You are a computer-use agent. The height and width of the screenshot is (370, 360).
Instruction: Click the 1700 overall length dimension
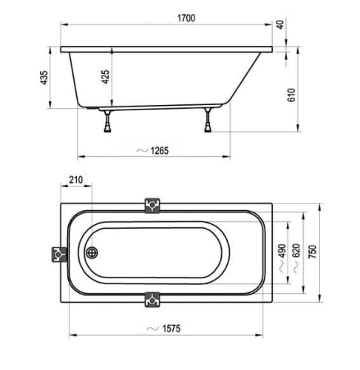pos(186,18)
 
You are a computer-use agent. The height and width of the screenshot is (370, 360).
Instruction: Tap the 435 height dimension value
pos(44,78)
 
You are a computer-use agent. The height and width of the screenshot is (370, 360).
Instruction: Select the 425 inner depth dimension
pos(106,77)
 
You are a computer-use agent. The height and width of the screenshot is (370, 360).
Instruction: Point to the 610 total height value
pos(291,95)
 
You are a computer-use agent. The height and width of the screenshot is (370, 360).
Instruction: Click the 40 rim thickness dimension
pos(281,24)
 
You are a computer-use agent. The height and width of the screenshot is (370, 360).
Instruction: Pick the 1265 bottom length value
pos(160,151)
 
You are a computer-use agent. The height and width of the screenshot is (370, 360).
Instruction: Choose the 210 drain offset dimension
pos(76,180)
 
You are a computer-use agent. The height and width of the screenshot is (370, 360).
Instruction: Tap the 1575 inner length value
pos(171,329)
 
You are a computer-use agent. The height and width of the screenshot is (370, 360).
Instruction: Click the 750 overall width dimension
pos(313,252)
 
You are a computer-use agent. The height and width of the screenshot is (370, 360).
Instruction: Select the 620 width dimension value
pos(296,251)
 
